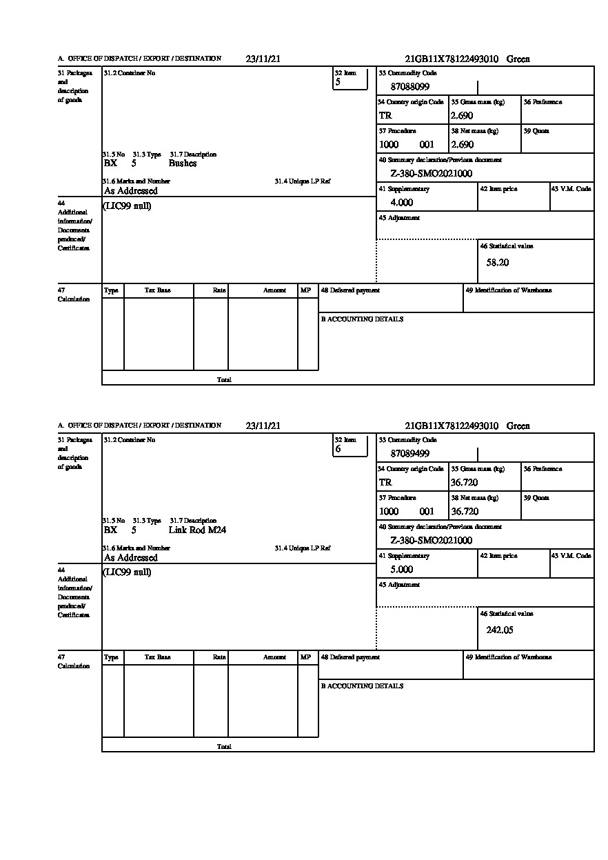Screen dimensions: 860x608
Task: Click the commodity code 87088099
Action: tap(410, 87)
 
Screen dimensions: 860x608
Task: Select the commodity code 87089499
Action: tap(410, 454)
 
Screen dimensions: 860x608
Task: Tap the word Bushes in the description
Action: tap(183, 163)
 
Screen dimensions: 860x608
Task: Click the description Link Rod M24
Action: tap(197, 530)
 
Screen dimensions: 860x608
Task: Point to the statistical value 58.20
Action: tap(498, 263)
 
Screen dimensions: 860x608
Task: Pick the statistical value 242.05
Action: tap(500, 630)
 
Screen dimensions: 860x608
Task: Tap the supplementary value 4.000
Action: tap(402, 203)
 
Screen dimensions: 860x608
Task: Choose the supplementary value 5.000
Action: tap(402, 570)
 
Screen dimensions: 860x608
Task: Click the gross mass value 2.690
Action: tap(462, 116)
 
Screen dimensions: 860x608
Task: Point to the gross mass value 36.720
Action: tap(464, 483)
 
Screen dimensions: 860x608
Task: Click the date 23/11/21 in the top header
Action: tap(263, 59)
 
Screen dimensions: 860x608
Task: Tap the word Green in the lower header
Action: tap(518, 426)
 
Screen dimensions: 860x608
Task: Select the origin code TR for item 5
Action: tap(385, 116)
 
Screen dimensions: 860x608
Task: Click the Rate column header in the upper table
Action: tap(219, 291)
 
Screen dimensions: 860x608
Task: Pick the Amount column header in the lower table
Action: tap(274, 658)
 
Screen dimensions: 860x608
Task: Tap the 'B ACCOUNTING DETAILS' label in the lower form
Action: tap(362, 686)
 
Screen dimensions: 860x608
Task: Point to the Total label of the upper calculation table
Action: tap(224, 380)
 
